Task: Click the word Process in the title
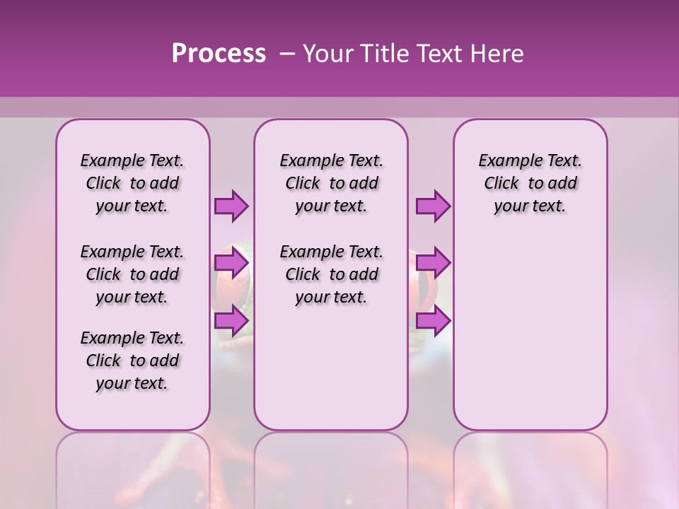click(x=219, y=54)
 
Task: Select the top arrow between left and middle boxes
click(x=231, y=206)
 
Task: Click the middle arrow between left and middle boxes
click(x=231, y=263)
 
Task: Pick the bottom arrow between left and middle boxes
click(x=231, y=320)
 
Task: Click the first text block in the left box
click(x=132, y=183)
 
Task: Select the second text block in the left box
click(x=132, y=274)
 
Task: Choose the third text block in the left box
click(x=132, y=361)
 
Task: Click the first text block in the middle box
click(x=331, y=183)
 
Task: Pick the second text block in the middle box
click(x=331, y=274)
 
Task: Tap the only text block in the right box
click(x=530, y=183)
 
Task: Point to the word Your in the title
click(x=326, y=54)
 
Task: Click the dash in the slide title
click(x=286, y=54)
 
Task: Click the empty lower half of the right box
click(x=530, y=339)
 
